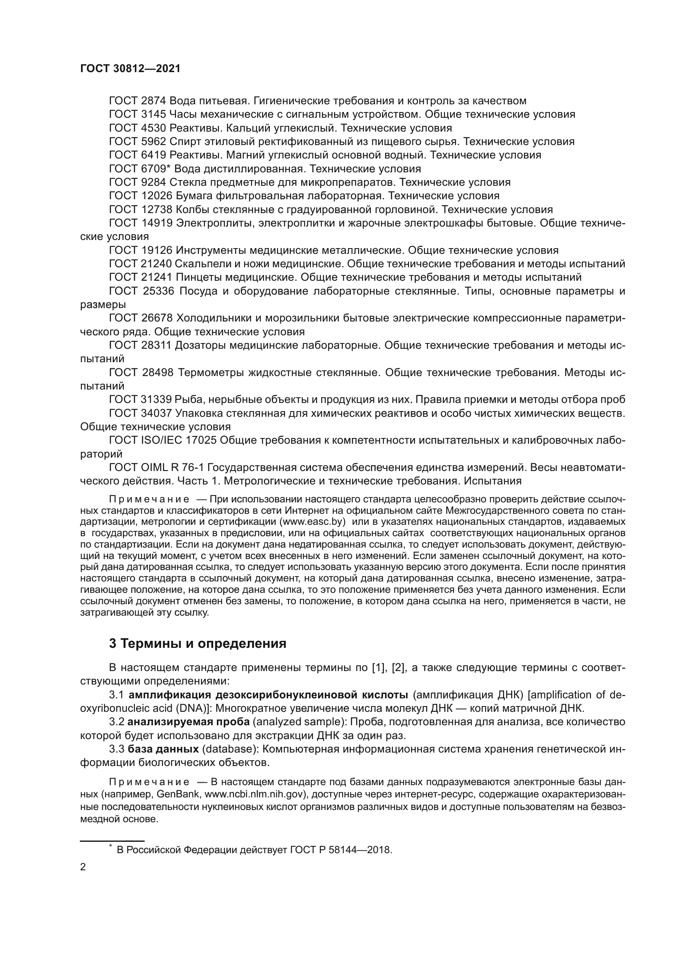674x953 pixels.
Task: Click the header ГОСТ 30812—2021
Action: coord(130,69)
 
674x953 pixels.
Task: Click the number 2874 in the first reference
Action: coord(154,101)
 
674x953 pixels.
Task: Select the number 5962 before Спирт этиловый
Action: coord(154,141)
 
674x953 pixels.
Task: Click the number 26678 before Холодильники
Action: coord(157,318)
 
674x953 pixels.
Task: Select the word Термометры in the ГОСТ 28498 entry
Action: coord(210,373)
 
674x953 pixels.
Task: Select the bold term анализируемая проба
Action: coord(188,722)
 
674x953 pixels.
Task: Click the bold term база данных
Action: coord(163,749)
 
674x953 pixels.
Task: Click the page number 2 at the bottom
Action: coord(83,867)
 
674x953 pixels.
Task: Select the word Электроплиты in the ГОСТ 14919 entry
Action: coord(215,223)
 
